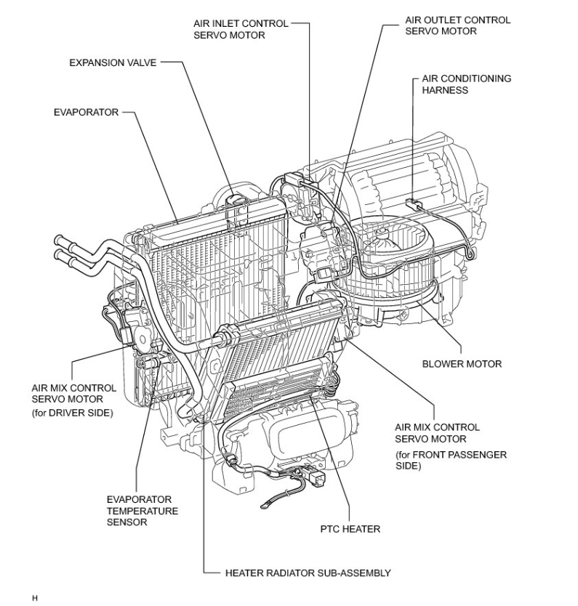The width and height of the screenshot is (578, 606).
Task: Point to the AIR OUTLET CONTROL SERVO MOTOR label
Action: coord(457,25)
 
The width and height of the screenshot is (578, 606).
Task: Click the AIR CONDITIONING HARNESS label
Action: coord(466,84)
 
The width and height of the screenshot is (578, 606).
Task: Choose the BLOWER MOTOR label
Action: coord(462,363)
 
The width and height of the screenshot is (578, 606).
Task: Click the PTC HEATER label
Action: coord(350,529)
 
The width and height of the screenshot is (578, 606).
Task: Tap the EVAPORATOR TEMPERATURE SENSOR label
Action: coord(142,511)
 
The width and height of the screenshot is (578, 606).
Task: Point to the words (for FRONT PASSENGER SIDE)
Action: coord(451,460)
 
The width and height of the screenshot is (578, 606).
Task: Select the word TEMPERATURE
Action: coord(142,511)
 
